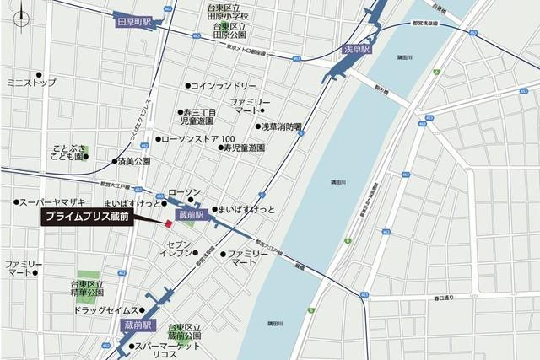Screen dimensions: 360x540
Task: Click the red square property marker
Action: pyautogui.click(x=169, y=223)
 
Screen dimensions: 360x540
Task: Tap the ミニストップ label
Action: pyautogui.click(x=31, y=83)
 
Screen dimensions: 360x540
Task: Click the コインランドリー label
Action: pyautogui.click(x=223, y=86)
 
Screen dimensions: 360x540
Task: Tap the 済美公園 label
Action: pyautogui.click(x=133, y=160)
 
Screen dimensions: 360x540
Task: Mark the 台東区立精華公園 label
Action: pyautogui.click(x=89, y=291)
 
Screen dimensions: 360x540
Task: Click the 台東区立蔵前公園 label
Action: pyautogui.click(x=191, y=331)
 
